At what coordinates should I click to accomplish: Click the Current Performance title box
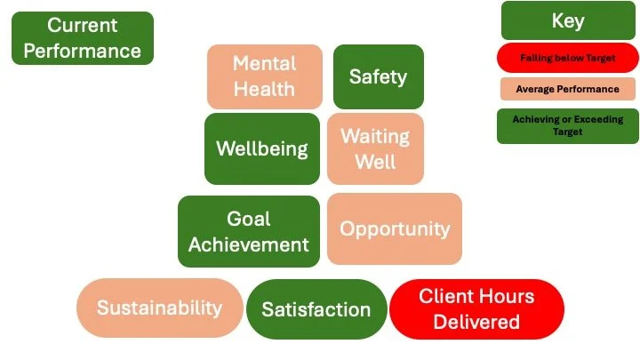(82, 37)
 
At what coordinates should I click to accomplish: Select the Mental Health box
(264, 76)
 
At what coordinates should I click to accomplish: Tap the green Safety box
(378, 76)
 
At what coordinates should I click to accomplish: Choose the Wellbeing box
(261, 148)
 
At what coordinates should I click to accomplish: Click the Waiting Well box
(375, 148)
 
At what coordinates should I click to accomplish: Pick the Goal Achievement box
(248, 231)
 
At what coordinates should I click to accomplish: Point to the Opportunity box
(394, 228)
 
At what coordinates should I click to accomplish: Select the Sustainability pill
(159, 308)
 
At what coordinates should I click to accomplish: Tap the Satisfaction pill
(316, 309)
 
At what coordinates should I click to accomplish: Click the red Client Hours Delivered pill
(476, 308)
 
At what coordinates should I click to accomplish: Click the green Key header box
(567, 20)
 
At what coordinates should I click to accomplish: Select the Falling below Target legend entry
(567, 59)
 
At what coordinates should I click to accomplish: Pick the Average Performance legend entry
(567, 90)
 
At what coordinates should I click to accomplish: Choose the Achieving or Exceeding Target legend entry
(567, 125)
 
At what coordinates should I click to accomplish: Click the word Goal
(248, 219)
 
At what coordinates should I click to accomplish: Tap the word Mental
(264, 64)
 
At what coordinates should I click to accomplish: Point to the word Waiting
(375, 137)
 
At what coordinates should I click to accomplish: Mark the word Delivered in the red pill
(476, 321)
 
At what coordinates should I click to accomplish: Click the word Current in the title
(82, 25)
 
